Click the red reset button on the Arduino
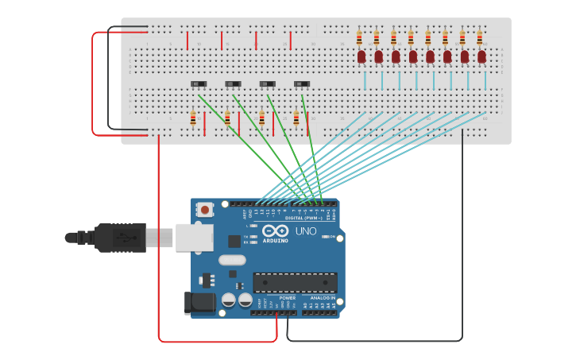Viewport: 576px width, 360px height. (205, 210)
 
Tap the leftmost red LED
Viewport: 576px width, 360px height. (361, 56)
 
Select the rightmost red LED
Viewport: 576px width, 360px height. (482, 56)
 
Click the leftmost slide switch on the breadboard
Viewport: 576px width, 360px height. (199, 83)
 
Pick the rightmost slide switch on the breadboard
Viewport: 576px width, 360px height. (302, 83)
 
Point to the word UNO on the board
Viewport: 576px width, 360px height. (307, 231)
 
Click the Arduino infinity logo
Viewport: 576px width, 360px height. (276, 230)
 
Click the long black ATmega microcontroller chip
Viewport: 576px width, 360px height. (295, 282)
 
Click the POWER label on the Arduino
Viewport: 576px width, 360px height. (287, 298)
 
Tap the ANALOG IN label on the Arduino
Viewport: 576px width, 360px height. (323, 298)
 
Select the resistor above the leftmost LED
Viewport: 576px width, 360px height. (360, 37)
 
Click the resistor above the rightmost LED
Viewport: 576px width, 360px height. (480, 37)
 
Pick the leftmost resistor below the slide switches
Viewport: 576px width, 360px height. (193, 118)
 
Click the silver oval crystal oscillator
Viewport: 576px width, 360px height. (230, 260)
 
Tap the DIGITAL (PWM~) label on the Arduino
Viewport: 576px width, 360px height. (304, 218)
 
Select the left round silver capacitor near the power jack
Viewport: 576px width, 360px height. (229, 300)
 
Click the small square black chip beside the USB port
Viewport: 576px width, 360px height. (234, 241)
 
